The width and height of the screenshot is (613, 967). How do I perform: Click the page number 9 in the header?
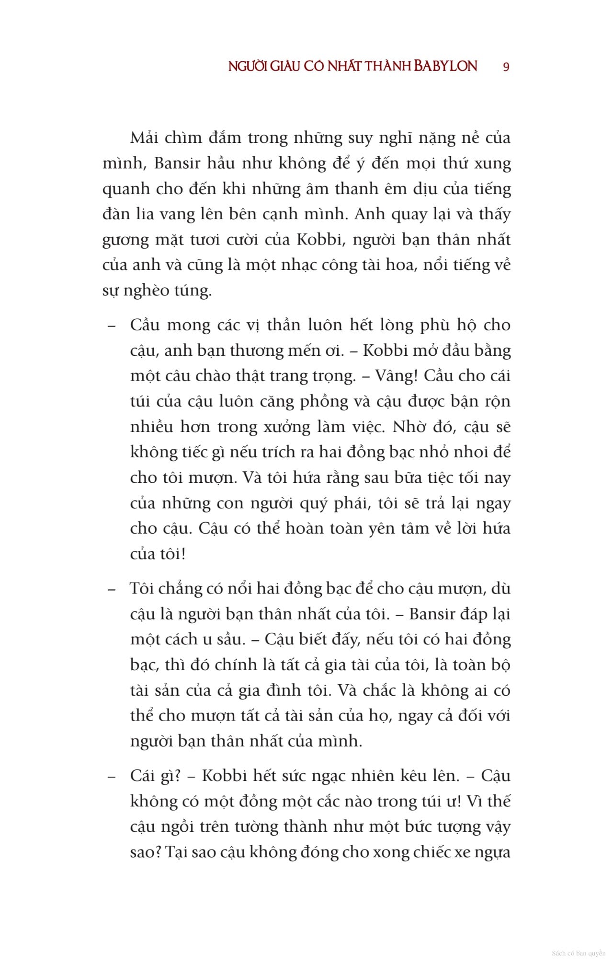(506, 67)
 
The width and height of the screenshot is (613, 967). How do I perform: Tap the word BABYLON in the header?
(445, 66)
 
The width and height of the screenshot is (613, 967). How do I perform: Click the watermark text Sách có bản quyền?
(579, 953)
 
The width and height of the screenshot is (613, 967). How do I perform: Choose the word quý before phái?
(313, 503)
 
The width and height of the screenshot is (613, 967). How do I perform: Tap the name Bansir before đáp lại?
(431, 614)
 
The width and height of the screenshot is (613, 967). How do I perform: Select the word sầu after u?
(230, 640)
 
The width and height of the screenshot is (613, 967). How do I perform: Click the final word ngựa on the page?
(493, 852)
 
